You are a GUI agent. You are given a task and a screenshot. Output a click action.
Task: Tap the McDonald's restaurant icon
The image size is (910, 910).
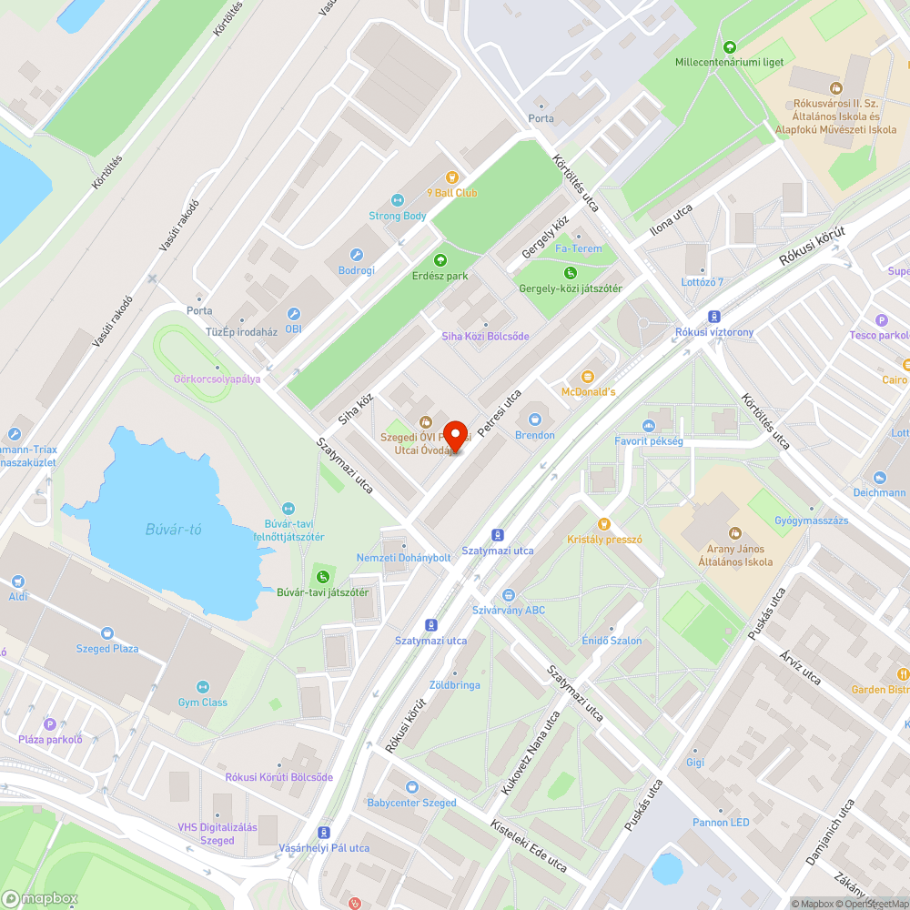point(587,376)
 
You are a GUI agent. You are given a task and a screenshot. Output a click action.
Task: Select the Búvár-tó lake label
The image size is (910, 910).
point(173,530)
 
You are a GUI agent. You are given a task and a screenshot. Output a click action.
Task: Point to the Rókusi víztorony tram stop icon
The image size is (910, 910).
point(714,317)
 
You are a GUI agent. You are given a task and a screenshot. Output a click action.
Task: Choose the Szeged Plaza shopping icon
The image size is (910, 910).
point(107,633)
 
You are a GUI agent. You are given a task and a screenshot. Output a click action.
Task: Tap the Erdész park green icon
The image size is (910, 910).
point(440,260)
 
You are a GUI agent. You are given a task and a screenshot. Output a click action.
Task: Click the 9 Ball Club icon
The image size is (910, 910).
point(450,177)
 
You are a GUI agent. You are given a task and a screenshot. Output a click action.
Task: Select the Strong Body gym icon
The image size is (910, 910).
point(397,200)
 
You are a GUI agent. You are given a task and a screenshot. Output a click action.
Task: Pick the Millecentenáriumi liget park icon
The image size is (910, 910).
point(729,47)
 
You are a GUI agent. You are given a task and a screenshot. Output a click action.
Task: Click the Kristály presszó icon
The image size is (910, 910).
point(603,524)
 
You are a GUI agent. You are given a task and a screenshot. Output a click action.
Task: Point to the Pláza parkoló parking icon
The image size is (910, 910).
point(50,724)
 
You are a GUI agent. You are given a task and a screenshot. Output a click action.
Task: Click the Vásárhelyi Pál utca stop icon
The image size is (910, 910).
point(323,833)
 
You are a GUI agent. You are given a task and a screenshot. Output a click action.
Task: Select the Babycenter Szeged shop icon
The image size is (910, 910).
point(412,787)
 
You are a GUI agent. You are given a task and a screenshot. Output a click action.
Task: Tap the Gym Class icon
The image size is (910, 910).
point(202,687)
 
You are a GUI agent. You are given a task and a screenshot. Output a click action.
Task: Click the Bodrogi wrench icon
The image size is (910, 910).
point(356,256)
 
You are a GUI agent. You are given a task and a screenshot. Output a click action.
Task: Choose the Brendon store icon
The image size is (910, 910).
point(534,420)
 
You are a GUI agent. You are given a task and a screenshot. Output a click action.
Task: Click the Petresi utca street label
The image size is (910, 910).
point(500,412)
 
